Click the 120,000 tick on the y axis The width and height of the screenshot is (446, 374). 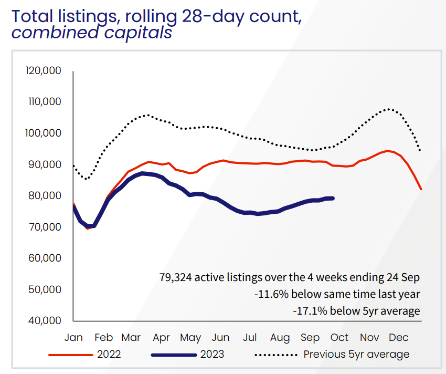coord(44,71)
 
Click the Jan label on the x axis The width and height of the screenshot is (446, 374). coord(74,337)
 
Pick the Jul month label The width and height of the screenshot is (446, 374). coord(250,337)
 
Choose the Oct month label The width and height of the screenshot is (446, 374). coord(339,337)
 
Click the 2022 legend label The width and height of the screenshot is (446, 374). coord(109,355)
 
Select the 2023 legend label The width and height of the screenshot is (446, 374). coord(212,355)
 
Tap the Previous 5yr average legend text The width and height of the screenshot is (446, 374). coord(356,355)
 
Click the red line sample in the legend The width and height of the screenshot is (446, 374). coord(70,355)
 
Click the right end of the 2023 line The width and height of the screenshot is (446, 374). coord(334,198)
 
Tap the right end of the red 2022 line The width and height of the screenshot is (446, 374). coord(422,189)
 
